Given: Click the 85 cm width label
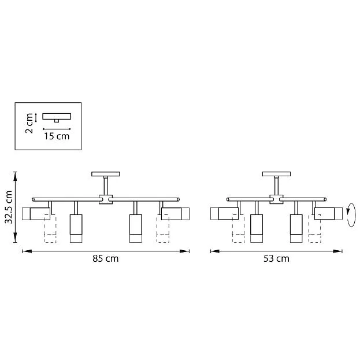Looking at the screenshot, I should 105,258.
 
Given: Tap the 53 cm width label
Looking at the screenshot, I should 276,258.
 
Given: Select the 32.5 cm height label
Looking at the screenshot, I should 8,207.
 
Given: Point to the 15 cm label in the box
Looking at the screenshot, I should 57,136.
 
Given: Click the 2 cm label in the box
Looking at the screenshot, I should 28,123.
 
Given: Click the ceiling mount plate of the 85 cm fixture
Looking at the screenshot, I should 105,174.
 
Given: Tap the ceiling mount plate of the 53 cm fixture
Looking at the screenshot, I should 276,174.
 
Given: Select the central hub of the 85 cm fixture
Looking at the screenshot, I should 105,199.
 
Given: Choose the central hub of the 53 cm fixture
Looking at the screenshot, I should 276,199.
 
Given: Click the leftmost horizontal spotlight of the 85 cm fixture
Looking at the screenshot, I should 35,214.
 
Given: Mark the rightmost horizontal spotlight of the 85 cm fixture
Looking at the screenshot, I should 176,214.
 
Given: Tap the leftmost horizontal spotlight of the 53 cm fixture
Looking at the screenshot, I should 225,214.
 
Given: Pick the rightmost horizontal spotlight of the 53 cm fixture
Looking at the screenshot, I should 328,214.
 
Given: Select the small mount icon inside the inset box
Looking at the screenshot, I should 56,117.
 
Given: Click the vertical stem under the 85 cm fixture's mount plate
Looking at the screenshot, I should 105,185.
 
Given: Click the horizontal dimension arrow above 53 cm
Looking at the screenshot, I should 276,251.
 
